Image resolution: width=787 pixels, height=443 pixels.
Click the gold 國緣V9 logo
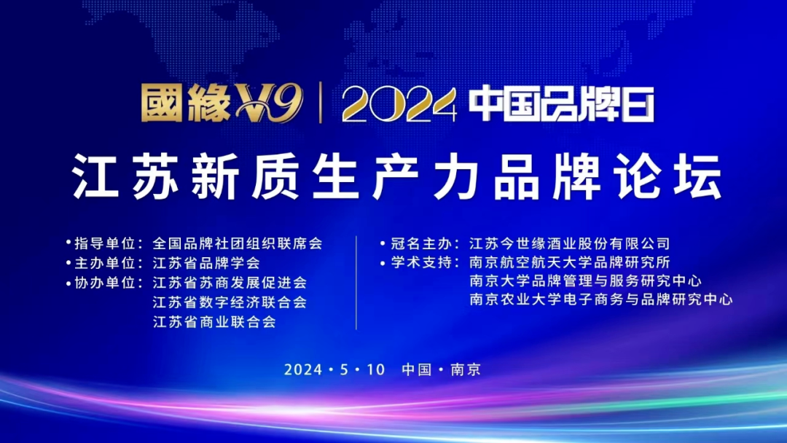point(222,105)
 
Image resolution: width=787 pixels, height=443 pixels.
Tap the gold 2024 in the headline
point(400,106)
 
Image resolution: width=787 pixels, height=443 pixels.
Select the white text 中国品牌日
point(561,105)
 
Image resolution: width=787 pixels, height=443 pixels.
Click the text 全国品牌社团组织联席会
point(238,243)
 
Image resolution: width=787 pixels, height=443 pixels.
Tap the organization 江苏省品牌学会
point(206,263)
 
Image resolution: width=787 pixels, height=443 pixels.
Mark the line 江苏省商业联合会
point(214,321)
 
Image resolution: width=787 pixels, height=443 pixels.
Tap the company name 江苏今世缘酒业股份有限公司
point(569,243)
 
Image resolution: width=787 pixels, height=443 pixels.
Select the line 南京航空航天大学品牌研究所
point(570,262)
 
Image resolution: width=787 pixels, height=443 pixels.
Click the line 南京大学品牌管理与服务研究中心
point(586,281)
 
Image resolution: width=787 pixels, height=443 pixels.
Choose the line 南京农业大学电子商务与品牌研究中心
point(601,299)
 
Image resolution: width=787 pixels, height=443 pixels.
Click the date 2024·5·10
point(334,369)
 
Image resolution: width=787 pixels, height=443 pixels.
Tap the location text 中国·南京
point(441,369)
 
